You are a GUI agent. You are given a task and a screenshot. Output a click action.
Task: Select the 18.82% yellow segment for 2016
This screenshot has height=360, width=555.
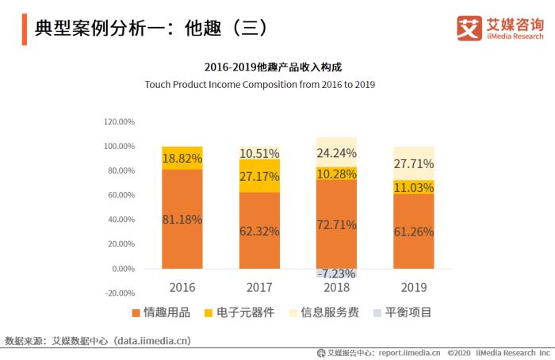(182, 159)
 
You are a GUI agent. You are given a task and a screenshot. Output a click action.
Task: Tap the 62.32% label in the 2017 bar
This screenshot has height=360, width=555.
(259, 231)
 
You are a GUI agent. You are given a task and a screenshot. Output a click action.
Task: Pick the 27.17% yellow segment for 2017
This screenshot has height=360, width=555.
(259, 176)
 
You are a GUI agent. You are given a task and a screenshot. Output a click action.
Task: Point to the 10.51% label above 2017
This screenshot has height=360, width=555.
(259, 153)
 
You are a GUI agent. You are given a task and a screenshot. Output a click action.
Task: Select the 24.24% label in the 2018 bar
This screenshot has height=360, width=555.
(336, 153)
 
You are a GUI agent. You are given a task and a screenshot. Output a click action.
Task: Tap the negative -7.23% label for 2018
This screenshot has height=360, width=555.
(336, 274)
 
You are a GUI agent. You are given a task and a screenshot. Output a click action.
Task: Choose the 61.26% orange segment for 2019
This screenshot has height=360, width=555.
(413, 231)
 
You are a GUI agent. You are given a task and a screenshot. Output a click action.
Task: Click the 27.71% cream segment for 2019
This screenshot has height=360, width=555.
(413, 163)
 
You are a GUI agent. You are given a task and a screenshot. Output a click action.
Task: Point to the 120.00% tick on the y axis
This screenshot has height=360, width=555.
(119, 121)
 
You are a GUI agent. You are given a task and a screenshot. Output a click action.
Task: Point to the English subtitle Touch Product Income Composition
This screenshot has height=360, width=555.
(259, 83)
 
